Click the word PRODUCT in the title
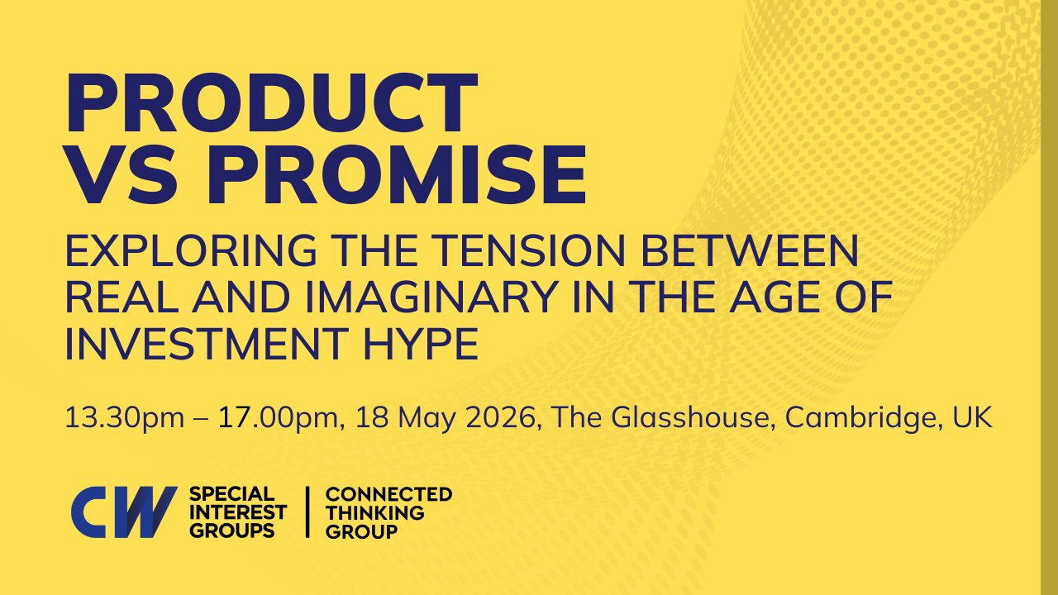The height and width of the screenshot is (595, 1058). [272, 103]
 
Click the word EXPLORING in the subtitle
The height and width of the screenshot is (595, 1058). [191, 250]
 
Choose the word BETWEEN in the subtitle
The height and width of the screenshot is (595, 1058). [749, 250]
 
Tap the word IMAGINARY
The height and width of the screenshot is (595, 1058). [432, 297]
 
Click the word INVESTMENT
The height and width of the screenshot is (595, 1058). [207, 344]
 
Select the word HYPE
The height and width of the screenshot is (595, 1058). [421, 344]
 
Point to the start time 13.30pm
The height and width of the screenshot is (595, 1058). [125, 418]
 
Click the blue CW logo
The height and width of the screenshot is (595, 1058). [124, 512]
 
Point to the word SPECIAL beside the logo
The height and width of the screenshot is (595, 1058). [231, 494]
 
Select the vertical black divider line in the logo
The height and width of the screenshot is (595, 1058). [307, 512]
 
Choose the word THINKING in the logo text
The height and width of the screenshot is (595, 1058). [375, 512]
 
